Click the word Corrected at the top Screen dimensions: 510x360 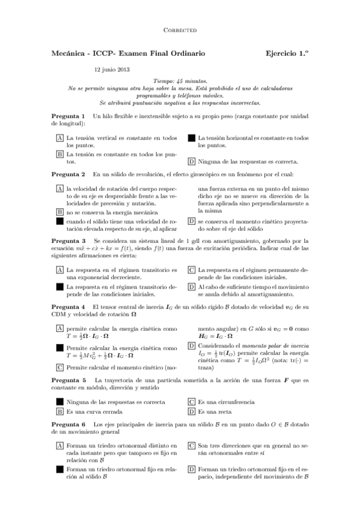point(180,29)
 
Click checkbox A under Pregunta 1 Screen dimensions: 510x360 point(60,138)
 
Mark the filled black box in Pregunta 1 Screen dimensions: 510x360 point(192,138)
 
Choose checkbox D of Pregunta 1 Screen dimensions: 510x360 point(192,161)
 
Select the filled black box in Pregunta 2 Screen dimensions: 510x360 point(60,221)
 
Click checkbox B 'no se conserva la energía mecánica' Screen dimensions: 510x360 point(60,212)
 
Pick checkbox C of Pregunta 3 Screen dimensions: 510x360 point(192,271)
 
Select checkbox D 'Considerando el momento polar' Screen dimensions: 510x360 point(192,346)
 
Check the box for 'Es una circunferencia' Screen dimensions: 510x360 point(192,402)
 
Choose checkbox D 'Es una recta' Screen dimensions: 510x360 point(192,412)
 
